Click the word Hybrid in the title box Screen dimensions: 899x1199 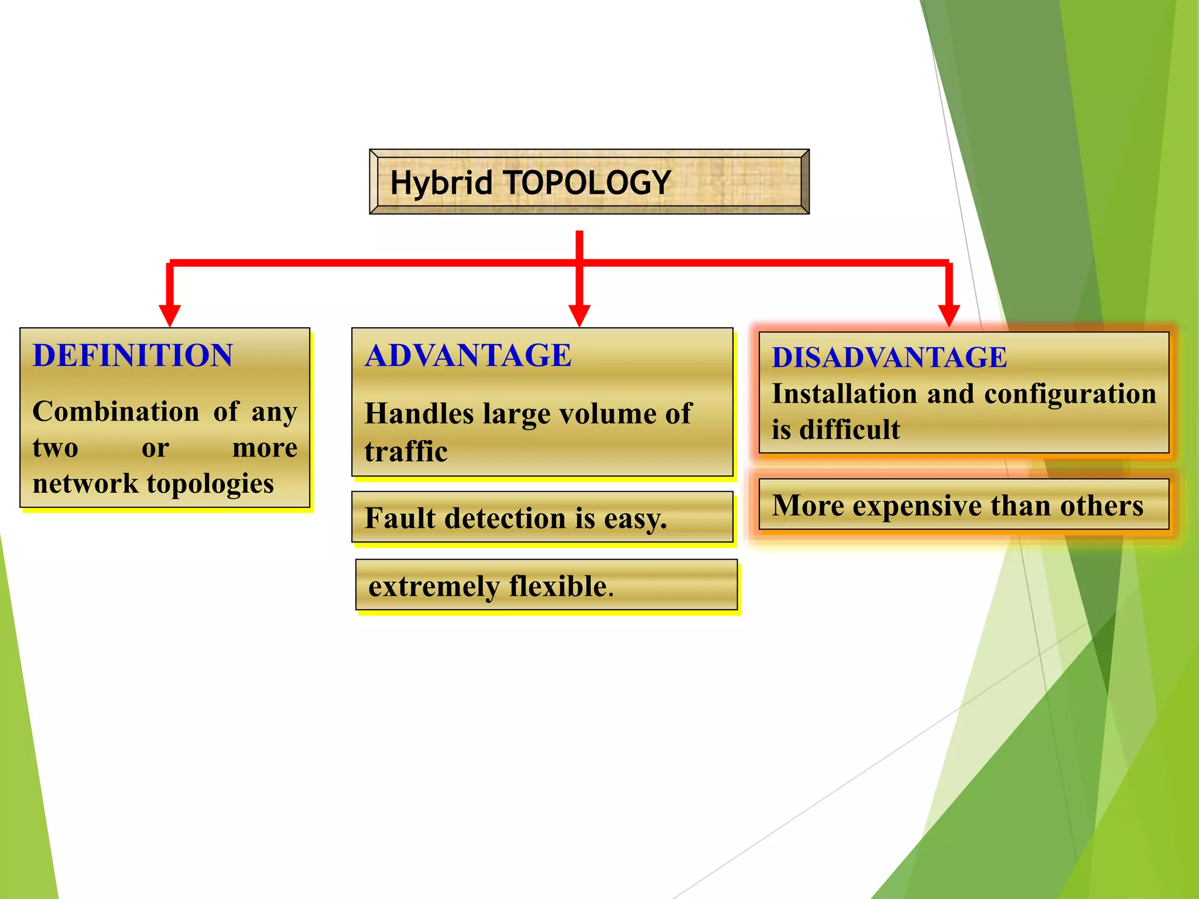440,183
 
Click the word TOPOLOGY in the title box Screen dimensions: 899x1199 587,183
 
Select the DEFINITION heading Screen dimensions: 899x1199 133,355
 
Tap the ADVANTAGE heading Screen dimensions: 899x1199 468,355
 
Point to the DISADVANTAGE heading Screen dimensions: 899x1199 889,357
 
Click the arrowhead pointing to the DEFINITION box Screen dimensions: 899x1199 170,315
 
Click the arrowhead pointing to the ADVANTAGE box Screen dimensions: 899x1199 579,315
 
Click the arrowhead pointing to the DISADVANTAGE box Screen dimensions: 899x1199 948,315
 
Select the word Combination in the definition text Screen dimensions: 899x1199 116,411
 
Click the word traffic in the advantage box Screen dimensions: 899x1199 406,452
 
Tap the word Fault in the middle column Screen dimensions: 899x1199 400,518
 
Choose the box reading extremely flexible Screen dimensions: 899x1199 546,585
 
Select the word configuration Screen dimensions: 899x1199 1070,394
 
